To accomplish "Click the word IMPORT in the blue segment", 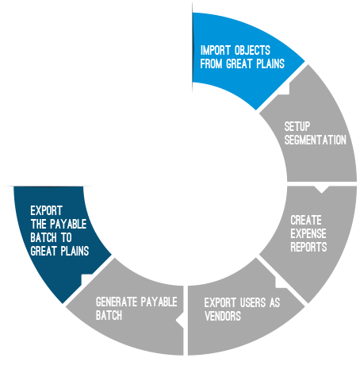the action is point(216,50).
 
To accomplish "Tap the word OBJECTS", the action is point(252,50).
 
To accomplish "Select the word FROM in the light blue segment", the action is point(211,63).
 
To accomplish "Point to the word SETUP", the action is point(297,126).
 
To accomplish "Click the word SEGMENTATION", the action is point(316,140).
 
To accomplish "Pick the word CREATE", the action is point(306,220).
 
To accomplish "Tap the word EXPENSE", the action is point(308,233).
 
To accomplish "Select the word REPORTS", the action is point(308,247).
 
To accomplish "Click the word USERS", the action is point(253,302).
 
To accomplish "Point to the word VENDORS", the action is point(223,316).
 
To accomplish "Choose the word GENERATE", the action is point(117,302).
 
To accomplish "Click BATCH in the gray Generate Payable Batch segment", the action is point(109,315).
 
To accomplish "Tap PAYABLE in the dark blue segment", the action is point(68,224).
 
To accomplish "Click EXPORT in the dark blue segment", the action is point(47,210).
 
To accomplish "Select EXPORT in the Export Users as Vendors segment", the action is point(220,302).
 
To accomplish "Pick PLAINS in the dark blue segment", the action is point(75,251).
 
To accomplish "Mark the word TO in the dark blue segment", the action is point(67,237).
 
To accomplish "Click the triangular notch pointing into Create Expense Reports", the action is point(321,189).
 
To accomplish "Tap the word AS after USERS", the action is point(275,302).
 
